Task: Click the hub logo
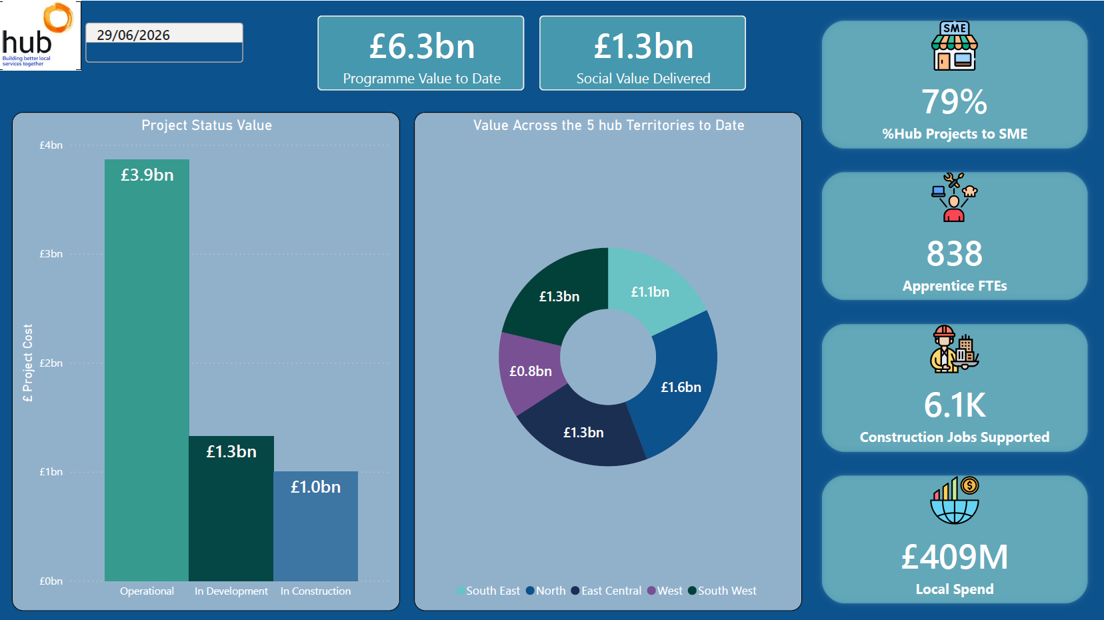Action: click(40, 35)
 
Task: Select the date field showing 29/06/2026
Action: click(164, 43)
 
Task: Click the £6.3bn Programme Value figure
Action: click(421, 46)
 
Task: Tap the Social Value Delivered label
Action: click(643, 79)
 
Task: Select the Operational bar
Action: click(147, 369)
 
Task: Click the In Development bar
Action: click(231, 508)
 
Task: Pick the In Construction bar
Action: click(316, 526)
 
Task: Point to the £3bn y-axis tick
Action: click(51, 254)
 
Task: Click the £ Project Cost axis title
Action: click(27, 363)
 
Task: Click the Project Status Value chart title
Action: click(207, 125)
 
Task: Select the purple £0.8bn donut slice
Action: click(529, 372)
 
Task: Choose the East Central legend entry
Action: click(606, 591)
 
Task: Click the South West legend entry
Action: click(722, 591)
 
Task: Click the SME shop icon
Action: click(954, 46)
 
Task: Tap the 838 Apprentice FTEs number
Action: click(954, 254)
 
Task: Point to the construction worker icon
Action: click(954, 349)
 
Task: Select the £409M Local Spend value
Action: click(955, 557)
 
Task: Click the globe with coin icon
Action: click(954, 500)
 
